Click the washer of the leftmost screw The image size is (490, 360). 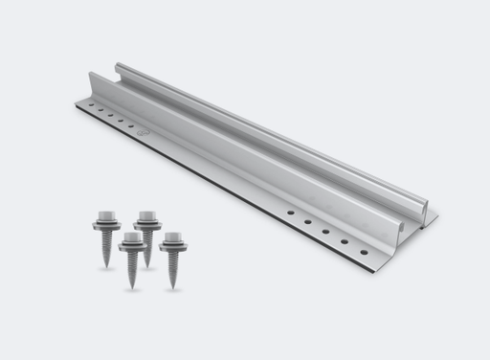click(x=105, y=225)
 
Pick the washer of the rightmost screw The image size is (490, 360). click(x=173, y=247)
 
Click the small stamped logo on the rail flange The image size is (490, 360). click(x=142, y=131)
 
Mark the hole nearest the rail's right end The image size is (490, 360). click(x=364, y=252)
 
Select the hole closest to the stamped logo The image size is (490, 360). click(x=129, y=125)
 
